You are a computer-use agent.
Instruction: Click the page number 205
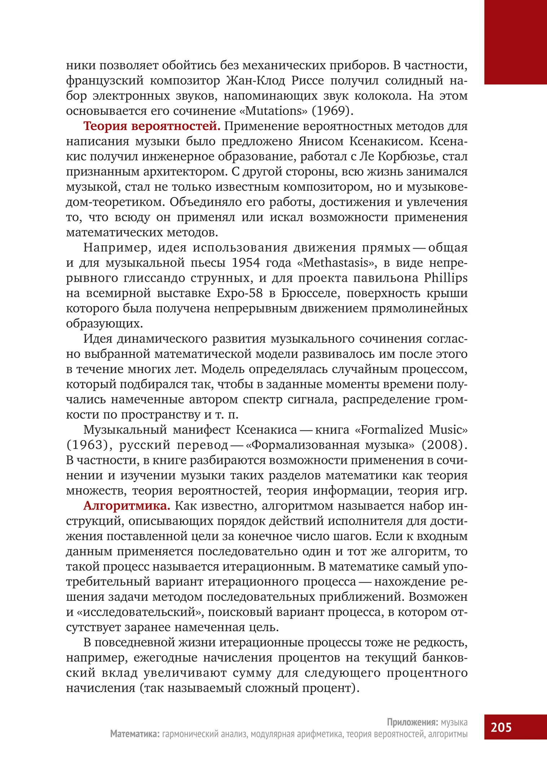click(x=501, y=727)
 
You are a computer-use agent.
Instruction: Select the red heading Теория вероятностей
click(x=152, y=126)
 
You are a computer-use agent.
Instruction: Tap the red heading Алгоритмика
click(x=127, y=506)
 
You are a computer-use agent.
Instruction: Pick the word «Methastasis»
click(x=337, y=263)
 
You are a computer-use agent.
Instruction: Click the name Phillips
click(x=446, y=278)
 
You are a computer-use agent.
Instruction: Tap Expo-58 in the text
click(x=240, y=293)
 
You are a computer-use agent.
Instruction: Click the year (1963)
click(x=88, y=445)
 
